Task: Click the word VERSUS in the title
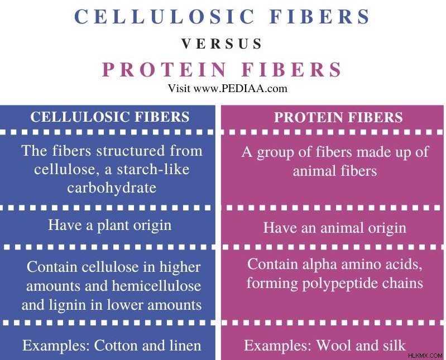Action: (222, 44)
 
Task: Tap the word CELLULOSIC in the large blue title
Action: (165, 17)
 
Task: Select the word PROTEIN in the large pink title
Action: (165, 70)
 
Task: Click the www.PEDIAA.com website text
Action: (241, 88)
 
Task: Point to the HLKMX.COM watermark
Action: (425, 355)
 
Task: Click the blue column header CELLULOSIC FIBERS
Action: (110, 117)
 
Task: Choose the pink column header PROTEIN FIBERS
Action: (338, 117)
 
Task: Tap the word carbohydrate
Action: (112, 188)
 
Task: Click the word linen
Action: (185, 346)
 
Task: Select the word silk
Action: (395, 346)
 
